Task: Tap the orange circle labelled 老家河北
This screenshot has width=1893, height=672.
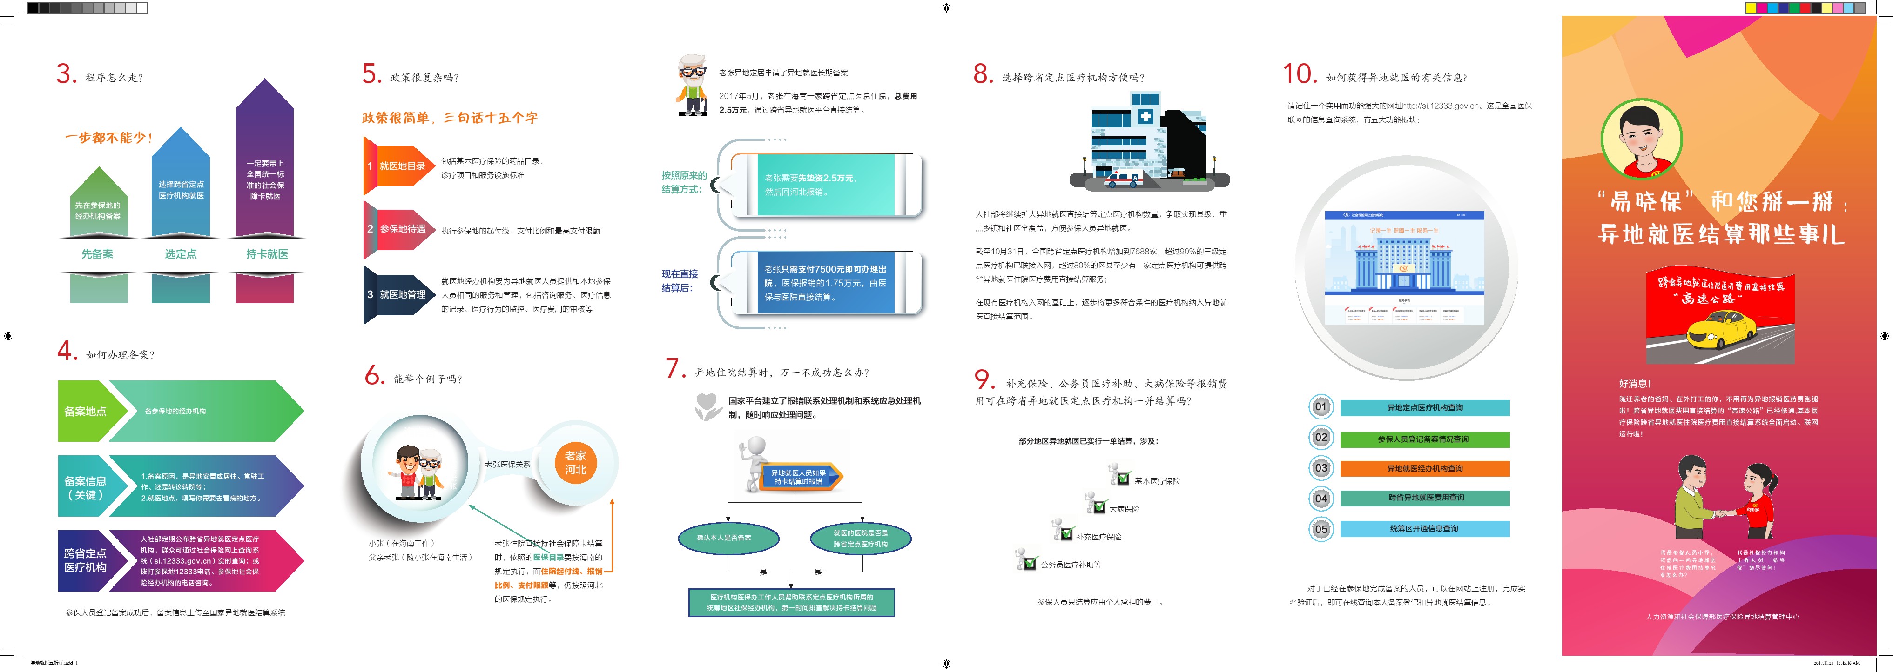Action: [x=575, y=463]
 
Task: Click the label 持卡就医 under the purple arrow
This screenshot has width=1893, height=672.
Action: [x=267, y=254]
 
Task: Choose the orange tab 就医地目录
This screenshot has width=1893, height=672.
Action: [x=397, y=166]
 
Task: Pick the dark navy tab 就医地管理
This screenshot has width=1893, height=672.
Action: [x=397, y=294]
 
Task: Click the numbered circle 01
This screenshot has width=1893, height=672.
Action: [x=1320, y=407]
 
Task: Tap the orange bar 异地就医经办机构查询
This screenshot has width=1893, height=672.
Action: [x=1424, y=469]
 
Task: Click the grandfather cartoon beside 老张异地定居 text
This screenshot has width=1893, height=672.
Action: [x=692, y=85]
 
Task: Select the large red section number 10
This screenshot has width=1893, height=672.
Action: [x=1299, y=74]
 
